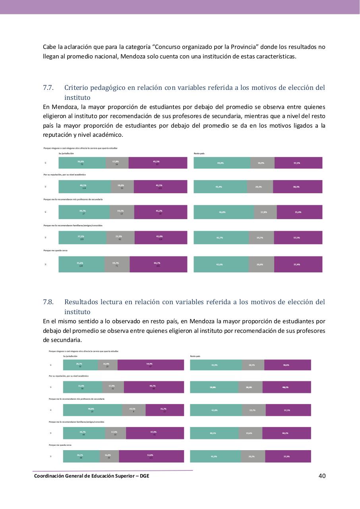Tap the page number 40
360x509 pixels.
322,476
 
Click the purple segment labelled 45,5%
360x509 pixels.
158,163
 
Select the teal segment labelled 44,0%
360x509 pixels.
222,163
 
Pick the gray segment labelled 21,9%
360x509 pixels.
120,237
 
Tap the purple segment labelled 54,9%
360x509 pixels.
151,365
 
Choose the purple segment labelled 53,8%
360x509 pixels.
151,456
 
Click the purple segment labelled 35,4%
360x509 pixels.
299,212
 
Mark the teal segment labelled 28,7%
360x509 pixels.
80,365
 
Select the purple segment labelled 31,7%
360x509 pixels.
165,410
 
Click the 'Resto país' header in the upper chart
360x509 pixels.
199,153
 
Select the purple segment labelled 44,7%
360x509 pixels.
158,264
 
